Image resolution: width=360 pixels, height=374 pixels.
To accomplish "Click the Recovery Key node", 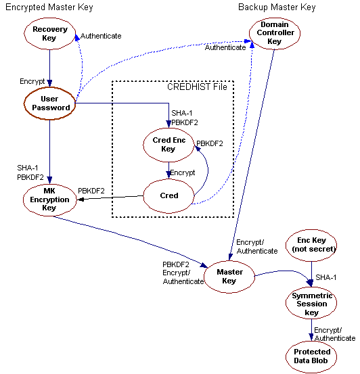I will pyautogui.click(x=49, y=34).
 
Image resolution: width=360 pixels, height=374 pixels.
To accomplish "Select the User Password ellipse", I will pyautogui.click(x=49, y=103).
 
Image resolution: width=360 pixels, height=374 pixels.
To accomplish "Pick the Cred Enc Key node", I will pyautogui.click(x=168, y=144).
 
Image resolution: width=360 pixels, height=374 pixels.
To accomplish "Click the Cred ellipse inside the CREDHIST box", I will pyautogui.click(x=169, y=196).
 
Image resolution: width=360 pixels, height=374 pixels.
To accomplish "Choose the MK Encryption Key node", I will pyautogui.click(x=49, y=200).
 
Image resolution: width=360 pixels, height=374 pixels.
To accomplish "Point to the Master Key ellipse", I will pyautogui.click(x=230, y=277).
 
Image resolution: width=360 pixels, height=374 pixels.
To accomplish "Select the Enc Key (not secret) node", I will pyautogui.click(x=311, y=245).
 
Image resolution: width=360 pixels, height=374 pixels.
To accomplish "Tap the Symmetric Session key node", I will pyautogui.click(x=311, y=304).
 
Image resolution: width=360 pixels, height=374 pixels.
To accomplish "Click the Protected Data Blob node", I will pyautogui.click(x=312, y=356).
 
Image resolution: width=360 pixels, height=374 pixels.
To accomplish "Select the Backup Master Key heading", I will pyautogui.click(x=277, y=7).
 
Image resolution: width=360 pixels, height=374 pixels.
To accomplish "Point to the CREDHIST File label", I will pyautogui.click(x=198, y=87).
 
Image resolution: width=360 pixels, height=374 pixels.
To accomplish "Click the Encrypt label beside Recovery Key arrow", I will pyautogui.click(x=32, y=81).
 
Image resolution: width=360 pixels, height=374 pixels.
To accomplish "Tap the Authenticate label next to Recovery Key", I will pyautogui.click(x=101, y=36).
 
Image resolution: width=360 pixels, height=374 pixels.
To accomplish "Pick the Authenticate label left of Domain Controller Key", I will pyautogui.click(x=225, y=48).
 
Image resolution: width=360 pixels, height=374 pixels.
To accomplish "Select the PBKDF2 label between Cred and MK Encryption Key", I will pyautogui.click(x=91, y=191).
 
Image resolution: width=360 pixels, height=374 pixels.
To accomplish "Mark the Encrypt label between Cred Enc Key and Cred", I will pyautogui.click(x=182, y=172).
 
